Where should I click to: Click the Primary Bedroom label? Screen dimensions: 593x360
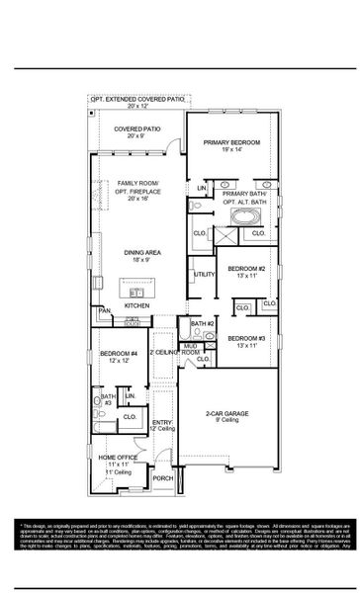tap(231, 142)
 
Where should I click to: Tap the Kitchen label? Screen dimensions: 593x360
tap(136, 305)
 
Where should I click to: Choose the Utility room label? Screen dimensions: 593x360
tap(205, 274)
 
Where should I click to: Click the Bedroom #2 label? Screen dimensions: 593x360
tap(246, 269)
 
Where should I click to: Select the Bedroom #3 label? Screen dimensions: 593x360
tap(246, 340)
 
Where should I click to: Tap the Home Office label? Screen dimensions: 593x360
tap(118, 458)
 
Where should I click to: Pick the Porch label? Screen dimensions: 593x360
tap(162, 478)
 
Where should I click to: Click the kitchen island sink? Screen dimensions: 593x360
tap(137, 292)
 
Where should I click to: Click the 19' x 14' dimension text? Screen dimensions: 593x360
tap(231, 151)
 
